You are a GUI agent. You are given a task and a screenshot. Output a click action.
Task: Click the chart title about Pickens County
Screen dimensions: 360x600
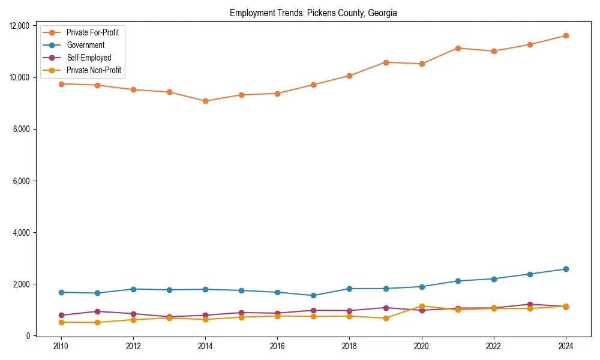313,13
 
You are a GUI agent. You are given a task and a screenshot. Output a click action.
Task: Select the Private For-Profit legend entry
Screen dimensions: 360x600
92,32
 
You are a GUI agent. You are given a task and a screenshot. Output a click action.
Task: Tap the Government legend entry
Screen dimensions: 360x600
85,45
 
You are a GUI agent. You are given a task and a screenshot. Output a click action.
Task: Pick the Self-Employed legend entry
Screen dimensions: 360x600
89,58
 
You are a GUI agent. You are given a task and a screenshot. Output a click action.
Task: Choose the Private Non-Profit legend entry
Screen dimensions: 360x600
94,70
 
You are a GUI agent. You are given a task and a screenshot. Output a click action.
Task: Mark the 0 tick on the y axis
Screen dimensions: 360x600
28,336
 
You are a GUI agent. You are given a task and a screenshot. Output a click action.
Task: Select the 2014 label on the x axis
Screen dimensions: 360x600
205,346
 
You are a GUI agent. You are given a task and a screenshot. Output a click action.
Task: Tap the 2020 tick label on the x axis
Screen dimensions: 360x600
422,346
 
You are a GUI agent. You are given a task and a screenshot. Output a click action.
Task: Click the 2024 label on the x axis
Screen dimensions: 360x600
566,346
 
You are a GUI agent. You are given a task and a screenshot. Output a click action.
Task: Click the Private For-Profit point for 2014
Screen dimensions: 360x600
205,101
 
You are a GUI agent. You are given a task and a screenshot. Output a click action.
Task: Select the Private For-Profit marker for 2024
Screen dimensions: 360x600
566,35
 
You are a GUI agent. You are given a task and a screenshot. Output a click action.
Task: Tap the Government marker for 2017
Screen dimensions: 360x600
314,295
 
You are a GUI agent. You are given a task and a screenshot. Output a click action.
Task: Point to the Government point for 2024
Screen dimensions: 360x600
566,269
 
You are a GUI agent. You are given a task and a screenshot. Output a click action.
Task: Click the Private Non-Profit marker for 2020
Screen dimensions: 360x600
422,306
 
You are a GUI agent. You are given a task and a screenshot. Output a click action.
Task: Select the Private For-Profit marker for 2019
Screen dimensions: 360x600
386,62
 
